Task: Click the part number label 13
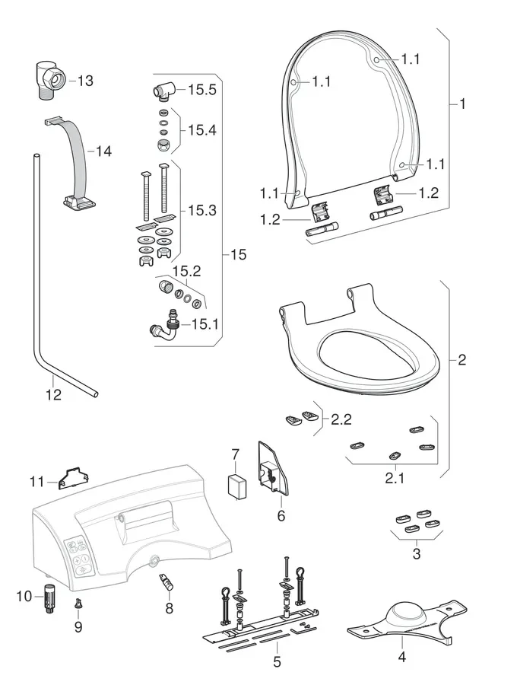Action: [85, 80]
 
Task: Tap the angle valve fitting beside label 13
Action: [52, 80]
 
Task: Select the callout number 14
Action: [103, 151]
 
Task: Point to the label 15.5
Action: [202, 90]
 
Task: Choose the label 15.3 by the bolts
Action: [202, 209]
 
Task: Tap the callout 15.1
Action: [205, 324]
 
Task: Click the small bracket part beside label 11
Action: [73, 477]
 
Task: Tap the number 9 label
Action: [78, 629]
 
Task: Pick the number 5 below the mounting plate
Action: [277, 662]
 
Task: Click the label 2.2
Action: [341, 419]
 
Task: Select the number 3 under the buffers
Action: [416, 553]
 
